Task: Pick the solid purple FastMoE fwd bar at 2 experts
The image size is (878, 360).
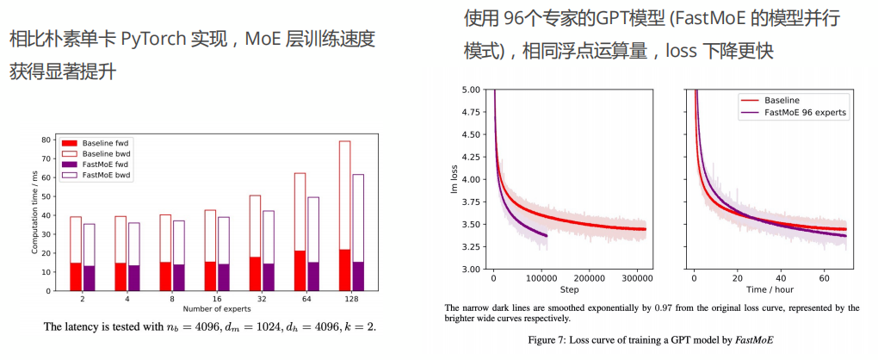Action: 89,277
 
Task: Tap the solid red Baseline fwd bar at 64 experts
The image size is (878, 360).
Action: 300,270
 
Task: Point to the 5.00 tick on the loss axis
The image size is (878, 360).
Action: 470,90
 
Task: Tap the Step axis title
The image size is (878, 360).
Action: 570,290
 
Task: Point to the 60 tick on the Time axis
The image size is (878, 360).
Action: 824,279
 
